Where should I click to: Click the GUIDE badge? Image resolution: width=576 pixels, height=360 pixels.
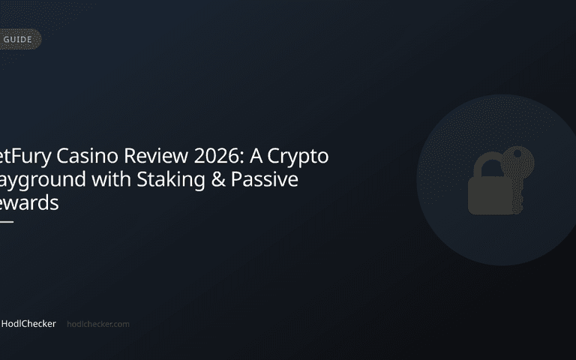click(x=18, y=39)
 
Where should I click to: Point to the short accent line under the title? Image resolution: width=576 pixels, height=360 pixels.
click(x=6, y=221)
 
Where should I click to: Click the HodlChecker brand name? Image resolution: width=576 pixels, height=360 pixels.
click(x=28, y=324)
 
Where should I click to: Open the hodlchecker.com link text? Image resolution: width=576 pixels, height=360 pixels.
click(x=98, y=324)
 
